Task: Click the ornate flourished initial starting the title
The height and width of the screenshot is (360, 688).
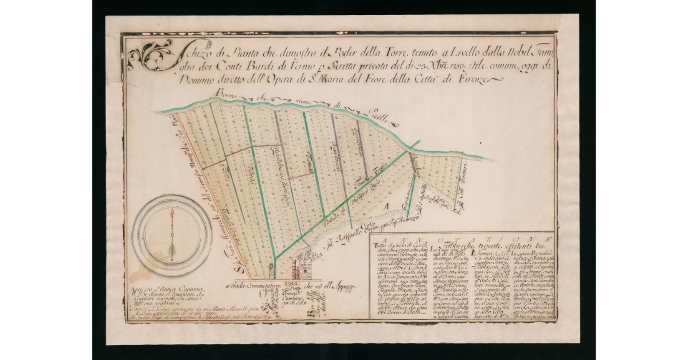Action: pos(150,56)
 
